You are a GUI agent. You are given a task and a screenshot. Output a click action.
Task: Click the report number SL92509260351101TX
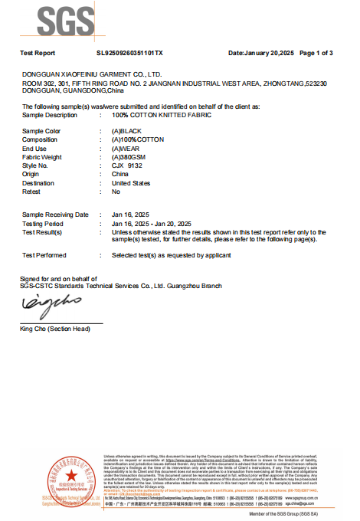[x=130, y=53]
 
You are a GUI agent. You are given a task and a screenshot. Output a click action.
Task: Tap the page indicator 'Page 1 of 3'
[x=315, y=53]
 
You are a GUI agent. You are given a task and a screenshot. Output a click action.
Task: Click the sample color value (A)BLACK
[x=127, y=132]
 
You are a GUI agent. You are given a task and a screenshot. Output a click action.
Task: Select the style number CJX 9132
[x=127, y=165]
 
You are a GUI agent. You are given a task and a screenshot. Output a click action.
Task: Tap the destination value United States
[x=131, y=183]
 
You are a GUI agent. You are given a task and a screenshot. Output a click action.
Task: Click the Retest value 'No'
[x=116, y=192]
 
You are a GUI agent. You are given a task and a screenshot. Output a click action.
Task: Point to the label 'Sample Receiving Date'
[x=55, y=215]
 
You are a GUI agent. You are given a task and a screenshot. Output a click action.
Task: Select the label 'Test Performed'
[x=44, y=254]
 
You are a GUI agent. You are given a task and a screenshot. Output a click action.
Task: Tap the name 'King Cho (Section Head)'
[x=55, y=329]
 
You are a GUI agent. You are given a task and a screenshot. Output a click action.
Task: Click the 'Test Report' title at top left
[x=39, y=53]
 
